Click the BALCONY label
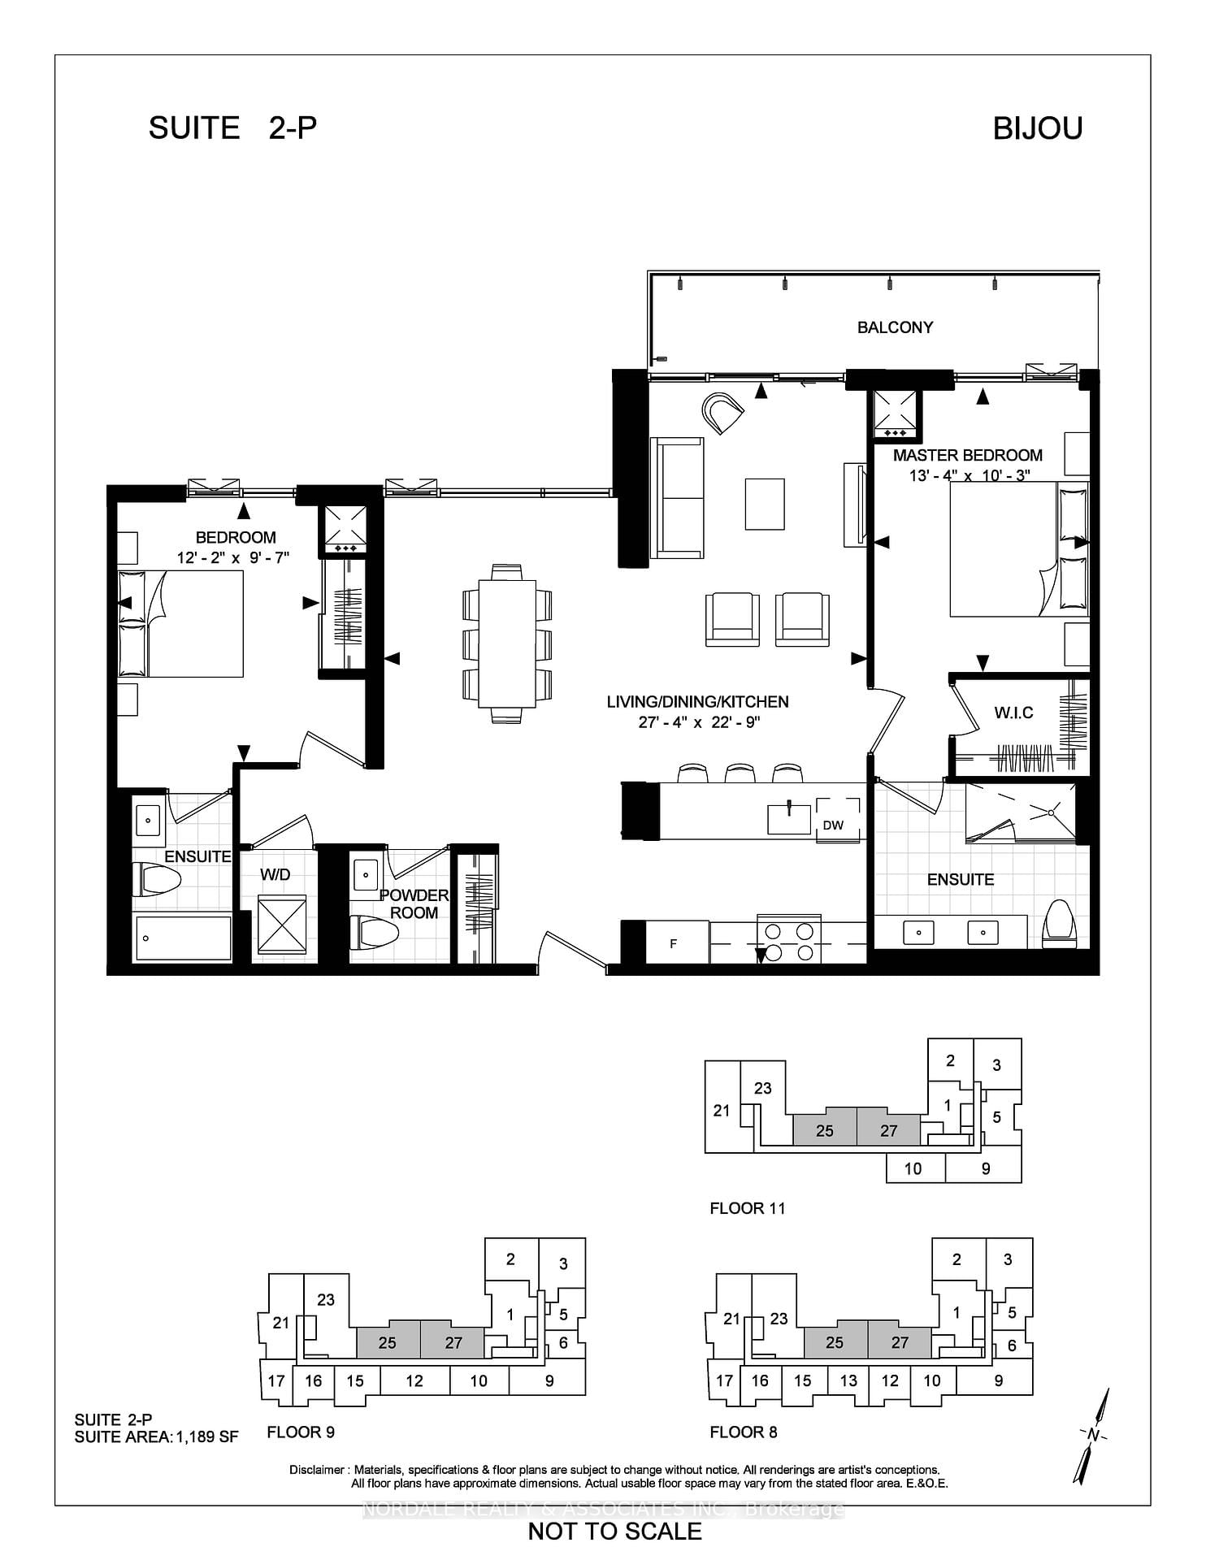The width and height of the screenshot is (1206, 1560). [895, 327]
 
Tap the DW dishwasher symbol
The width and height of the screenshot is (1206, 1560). [833, 825]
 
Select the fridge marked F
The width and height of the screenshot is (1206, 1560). [674, 943]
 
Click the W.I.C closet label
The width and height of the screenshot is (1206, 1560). [1013, 713]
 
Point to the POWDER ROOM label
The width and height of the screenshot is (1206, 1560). [414, 903]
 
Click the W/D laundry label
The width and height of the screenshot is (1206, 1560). [275, 874]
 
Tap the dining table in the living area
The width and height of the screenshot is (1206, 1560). [507, 643]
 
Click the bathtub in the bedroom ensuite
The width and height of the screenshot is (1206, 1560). [183, 938]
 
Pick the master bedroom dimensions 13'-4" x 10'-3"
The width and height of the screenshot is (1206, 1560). [969, 475]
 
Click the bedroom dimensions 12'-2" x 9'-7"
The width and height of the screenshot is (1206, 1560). [233, 557]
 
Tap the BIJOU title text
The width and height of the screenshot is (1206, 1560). [1038, 128]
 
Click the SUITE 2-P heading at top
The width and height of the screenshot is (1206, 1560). [232, 128]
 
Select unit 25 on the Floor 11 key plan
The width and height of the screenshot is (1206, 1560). [824, 1130]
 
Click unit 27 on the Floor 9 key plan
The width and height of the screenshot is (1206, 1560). [453, 1343]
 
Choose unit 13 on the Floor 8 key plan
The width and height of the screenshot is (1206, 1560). [848, 1380]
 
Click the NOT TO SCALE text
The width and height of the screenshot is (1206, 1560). [614, 1532]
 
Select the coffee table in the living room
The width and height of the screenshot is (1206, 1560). [765, 504]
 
